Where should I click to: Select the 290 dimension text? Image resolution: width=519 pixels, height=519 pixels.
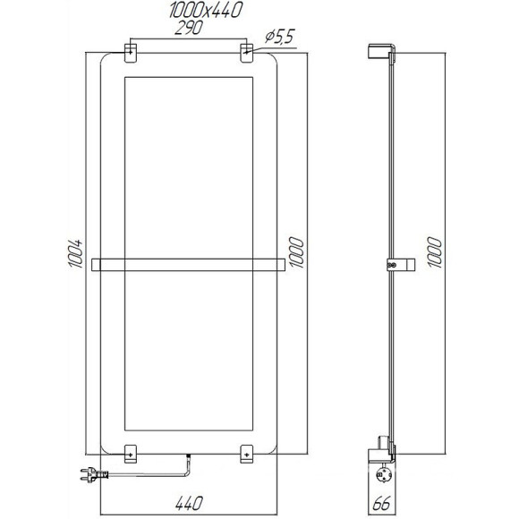click(187, 29)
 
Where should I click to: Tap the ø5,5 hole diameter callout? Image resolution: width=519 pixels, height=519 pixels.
click(280, 36)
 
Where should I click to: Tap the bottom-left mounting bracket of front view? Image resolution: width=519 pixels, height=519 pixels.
click(131, 454)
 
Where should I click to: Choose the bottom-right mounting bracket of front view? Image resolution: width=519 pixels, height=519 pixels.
click(247, 454)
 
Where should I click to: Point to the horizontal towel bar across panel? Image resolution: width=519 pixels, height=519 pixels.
click(189, 264)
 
